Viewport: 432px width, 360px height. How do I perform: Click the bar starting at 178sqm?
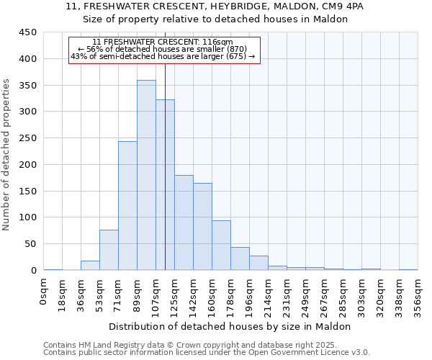(240, 258)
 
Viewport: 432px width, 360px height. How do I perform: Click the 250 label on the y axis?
(27, 138)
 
